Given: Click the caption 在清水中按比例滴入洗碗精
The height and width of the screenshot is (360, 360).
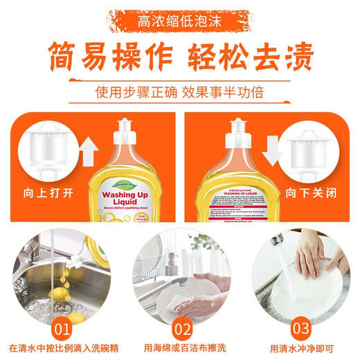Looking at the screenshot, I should [63, 348].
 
